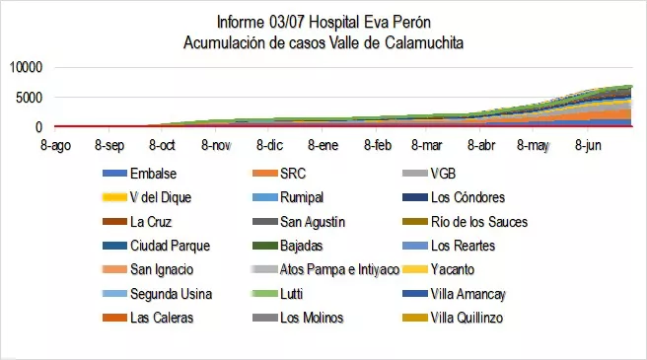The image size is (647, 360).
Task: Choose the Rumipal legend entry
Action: click(301, 197)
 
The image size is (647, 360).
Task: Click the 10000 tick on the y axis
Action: click(27, 67)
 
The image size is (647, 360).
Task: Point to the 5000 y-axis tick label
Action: click(30, 97)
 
